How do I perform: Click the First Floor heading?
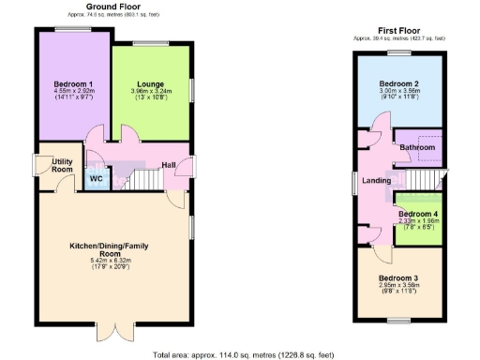click(398, 30)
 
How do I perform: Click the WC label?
click(96, 177)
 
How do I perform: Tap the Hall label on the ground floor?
click(168, 166)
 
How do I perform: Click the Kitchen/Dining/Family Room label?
click(110, 248)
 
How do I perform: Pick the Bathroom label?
click(417, 147)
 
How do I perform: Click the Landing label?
click(377, 180)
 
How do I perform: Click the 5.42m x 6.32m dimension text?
click(110, 260)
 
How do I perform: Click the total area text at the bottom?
click(243, 354)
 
